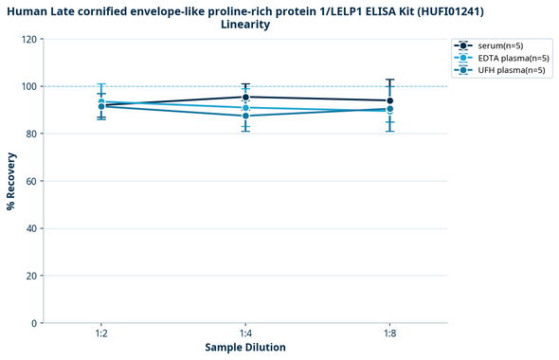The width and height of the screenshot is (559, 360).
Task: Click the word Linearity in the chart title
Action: [x=245, y=25]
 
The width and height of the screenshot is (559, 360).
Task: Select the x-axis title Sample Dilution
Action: [x=245, y=348]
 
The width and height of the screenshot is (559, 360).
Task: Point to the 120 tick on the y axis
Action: [x=30, y=40]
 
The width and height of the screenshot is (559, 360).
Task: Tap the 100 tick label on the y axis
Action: [x=30, y=87]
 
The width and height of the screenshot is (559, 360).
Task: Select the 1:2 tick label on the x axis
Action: [x=101, y=334]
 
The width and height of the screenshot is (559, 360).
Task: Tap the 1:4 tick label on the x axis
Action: [x=245, y=334]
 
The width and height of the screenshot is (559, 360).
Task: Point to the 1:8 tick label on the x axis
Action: [x=389, y=334]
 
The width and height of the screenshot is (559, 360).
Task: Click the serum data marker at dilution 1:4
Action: [x=245, y=98]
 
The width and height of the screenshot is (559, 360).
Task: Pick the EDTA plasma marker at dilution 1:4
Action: [x=245, y=108]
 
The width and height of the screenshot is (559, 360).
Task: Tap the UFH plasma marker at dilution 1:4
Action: [x=245, y=116]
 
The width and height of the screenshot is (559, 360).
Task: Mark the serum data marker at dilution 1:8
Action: [x=389, y=101]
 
